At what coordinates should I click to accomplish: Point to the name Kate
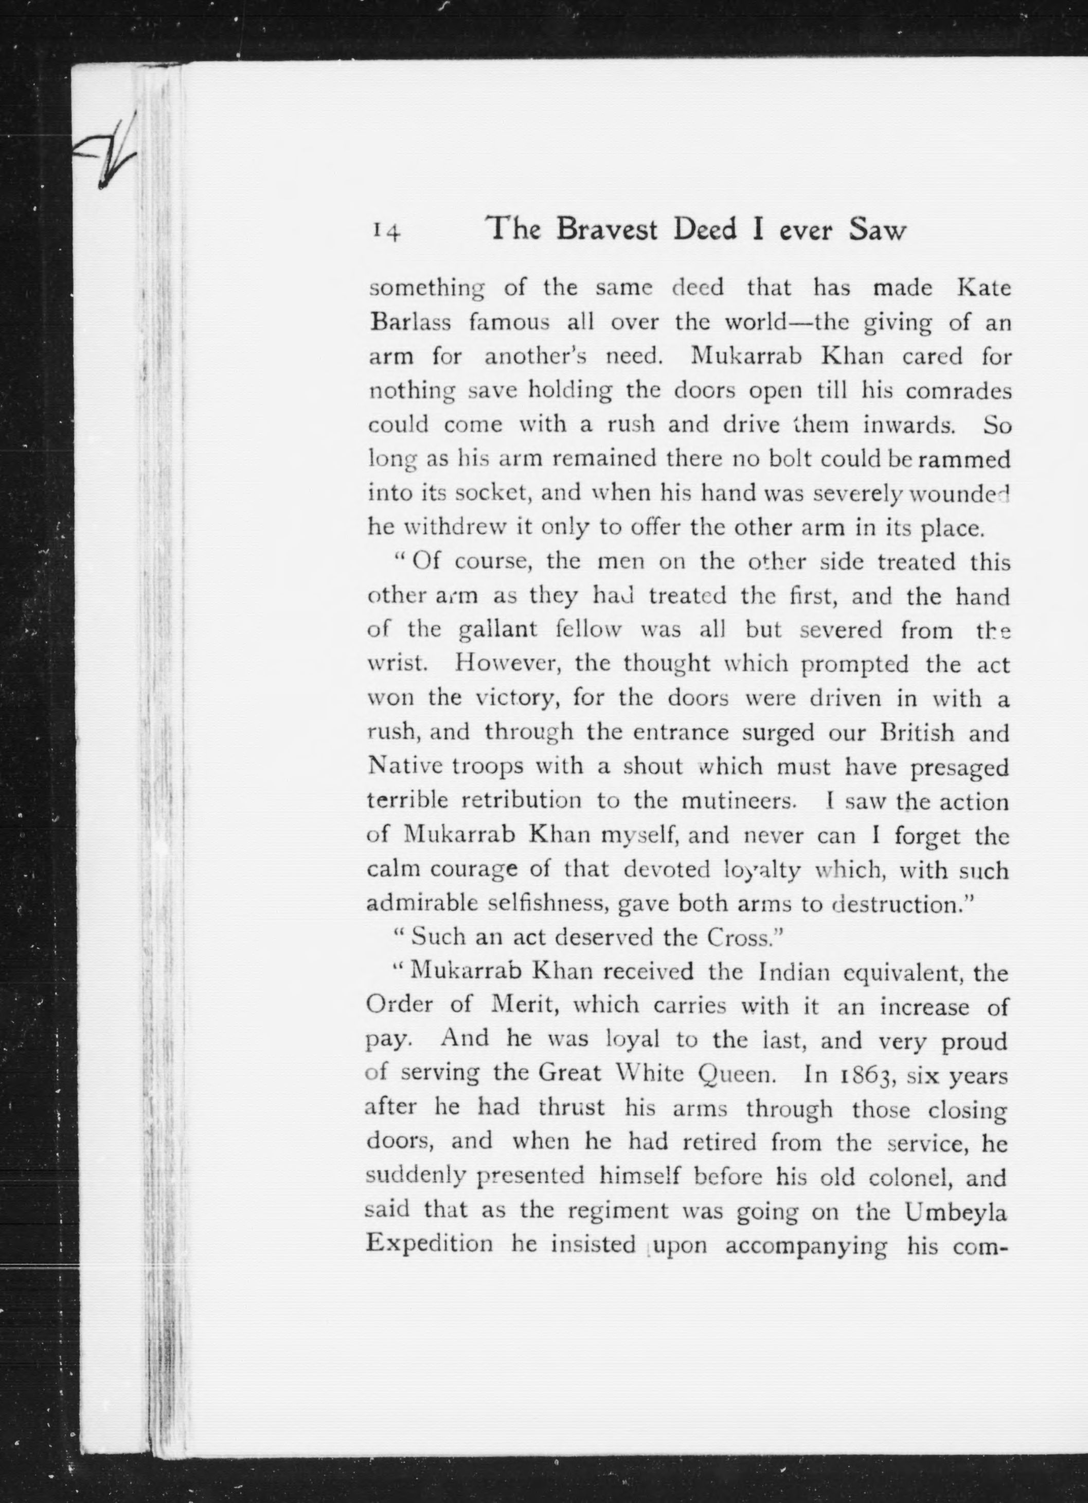[985, 289]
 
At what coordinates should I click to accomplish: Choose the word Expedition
[430, 1245]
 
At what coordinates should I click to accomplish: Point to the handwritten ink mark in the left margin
[111, 154]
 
